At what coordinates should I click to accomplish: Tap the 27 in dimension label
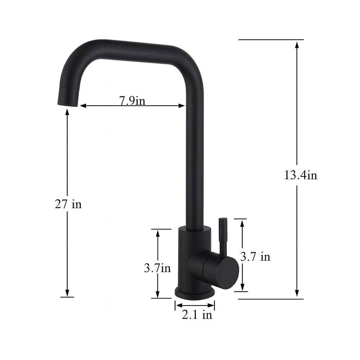click(68, 204)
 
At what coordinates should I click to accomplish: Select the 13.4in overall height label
click(301, 175)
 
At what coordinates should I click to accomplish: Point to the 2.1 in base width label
click(197, 315)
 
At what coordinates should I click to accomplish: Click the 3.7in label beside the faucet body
click(157, 268)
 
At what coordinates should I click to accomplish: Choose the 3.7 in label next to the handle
click(255, 257)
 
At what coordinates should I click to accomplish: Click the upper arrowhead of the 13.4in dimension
click(297, 45)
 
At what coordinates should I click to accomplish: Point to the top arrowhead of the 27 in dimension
click(67, 112)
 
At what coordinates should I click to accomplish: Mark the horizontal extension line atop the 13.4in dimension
click(271, 40)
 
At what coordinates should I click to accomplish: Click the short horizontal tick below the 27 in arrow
click(67, 297)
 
